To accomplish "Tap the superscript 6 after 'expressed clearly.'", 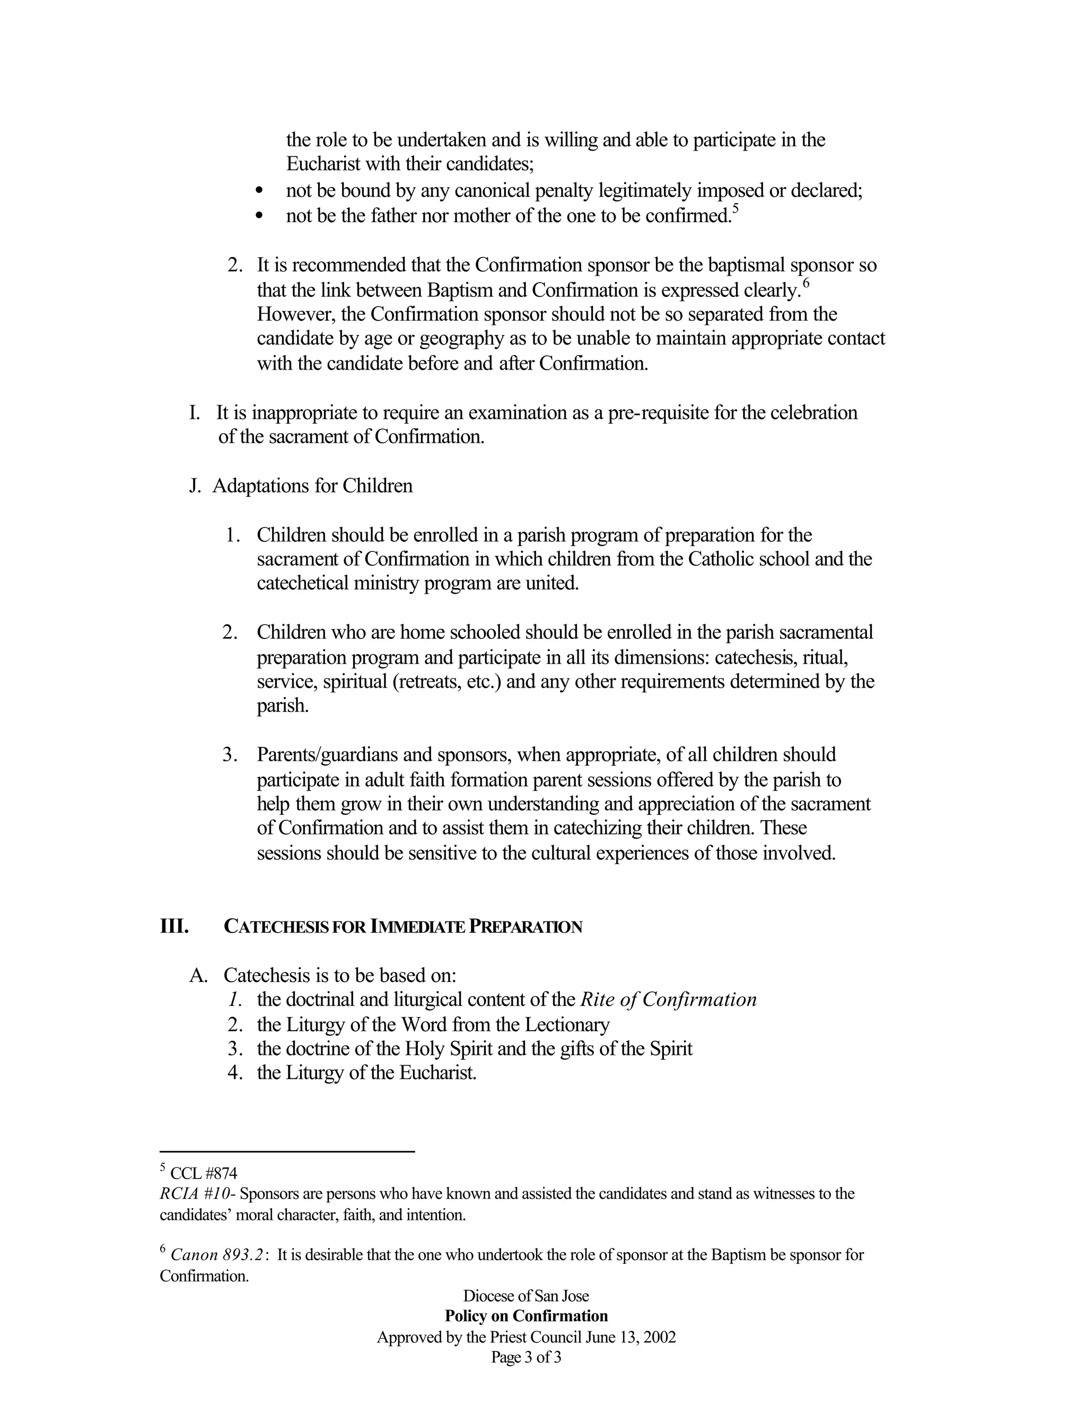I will pyautogui.click(x=805, y=283).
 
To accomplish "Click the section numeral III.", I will pyautogui.click(x=174, y=926).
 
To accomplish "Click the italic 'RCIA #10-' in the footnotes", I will pyautogui.click(x=197, y=1194).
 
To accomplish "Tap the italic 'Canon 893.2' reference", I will pyautogui.click(x=217, y=1255).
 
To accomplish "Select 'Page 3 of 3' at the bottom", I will pyautogui.click(x=526, y=1358).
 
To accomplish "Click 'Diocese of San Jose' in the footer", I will pyautogui.click(x=526, y=1296).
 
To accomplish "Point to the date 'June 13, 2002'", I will pyautogui.click(x=630, y=1338).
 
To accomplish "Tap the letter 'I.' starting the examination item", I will pyautogui.click(x=194, y=412).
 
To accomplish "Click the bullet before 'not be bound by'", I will pyautogui.click(x=259, y=191).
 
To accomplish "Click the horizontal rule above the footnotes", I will pyautogui.click(x=287, y=1152).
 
